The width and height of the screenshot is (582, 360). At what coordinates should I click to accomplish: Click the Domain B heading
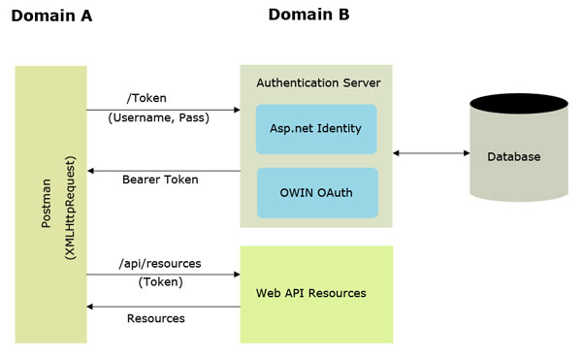click(x=308, y=15)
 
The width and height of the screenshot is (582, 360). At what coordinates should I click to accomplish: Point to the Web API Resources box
click(x=316, y=293)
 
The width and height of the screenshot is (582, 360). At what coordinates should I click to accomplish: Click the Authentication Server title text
click(x=318, y=82)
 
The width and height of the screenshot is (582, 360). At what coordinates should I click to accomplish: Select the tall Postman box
click(x=50, y=204)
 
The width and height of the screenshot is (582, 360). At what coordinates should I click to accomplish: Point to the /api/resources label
click(x=160, y=262)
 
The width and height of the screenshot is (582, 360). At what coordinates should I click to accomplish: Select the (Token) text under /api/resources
click(x=159, y=282)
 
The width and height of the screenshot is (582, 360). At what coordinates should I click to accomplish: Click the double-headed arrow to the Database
click(x=430, y=153)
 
